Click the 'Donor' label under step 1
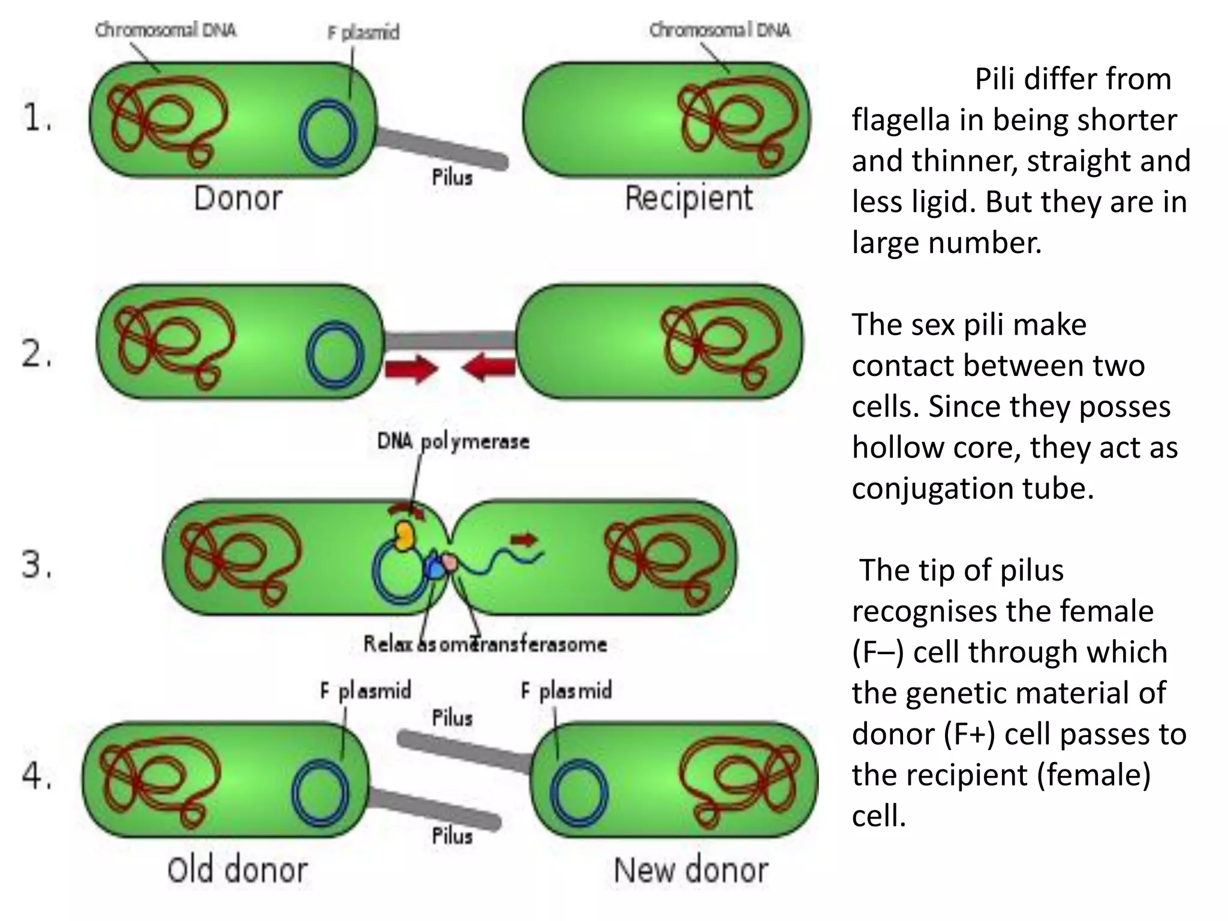238,198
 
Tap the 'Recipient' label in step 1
688,198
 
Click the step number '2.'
36,354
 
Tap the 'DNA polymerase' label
453,442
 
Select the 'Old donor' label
237,870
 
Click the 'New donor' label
691,870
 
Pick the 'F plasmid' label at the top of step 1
363,32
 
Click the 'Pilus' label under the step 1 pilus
452,177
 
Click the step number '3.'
36,565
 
